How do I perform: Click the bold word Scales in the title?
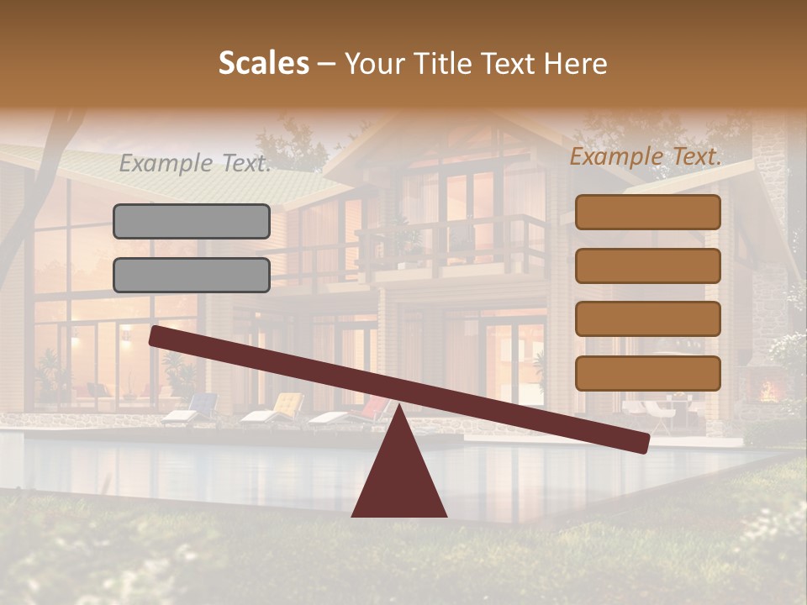click(x=263, y=63)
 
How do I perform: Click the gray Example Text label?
click(x=194, y=163)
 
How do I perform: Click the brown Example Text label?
click(x=646, y=156)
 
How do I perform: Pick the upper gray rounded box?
click(x=192, y=222)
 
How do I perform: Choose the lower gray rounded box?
click(x=192, y=275)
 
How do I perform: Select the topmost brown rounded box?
click(x=647, y=213)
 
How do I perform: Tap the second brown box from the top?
click(x=647, y=266)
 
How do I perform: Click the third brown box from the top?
click(x=647, y=319)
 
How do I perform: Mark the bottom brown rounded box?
click(x=647, y=373)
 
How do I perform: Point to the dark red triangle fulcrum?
click(x=399, y=475)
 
